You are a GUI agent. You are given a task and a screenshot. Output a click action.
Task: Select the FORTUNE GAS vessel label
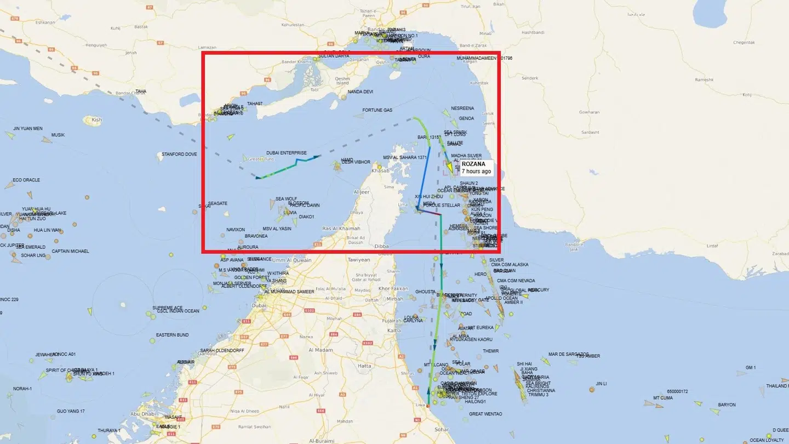point(377,110)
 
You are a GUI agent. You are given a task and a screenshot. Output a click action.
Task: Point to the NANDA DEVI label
point(360,92)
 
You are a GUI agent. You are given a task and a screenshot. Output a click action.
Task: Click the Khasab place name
point(380,171)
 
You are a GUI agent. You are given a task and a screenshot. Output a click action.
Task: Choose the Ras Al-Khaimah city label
point(341,229)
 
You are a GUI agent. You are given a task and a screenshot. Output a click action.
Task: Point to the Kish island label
point(97,119)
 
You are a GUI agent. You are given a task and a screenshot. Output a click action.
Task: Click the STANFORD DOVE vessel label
point(179,155)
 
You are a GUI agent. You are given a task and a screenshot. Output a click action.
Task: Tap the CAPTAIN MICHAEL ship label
point(70,252)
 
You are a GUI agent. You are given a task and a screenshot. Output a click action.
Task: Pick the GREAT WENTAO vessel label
point(485,414)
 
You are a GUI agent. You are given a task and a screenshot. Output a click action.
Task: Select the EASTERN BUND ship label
point(172,335)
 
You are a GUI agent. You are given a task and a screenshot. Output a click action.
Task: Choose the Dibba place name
point(381,247)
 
